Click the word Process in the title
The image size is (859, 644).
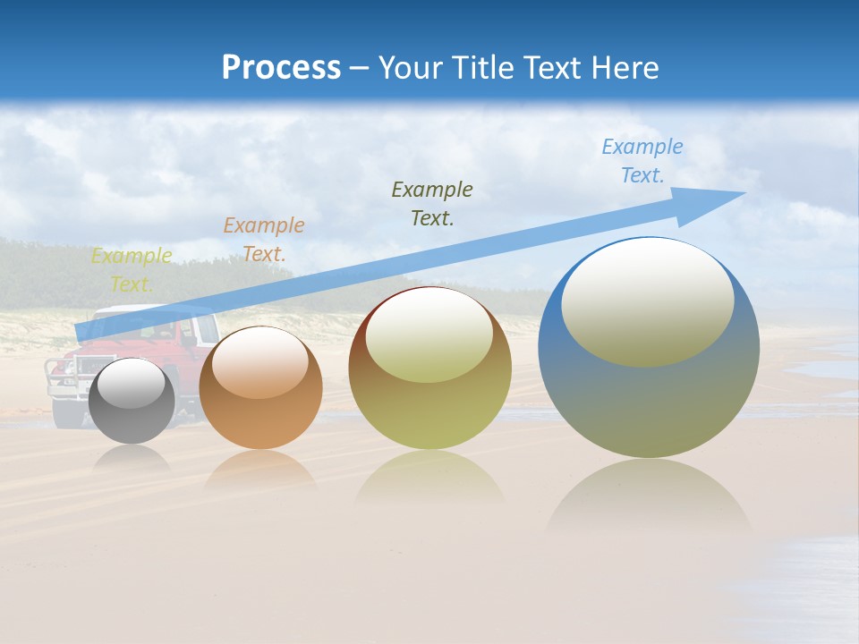281,68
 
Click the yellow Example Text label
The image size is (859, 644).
132,270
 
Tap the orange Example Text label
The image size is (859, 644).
264,240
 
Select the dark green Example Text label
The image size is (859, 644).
432,203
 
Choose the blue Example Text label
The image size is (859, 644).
642,161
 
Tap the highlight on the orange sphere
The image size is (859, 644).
260,362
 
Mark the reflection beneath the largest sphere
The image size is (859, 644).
649,496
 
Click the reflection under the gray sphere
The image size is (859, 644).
132,458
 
